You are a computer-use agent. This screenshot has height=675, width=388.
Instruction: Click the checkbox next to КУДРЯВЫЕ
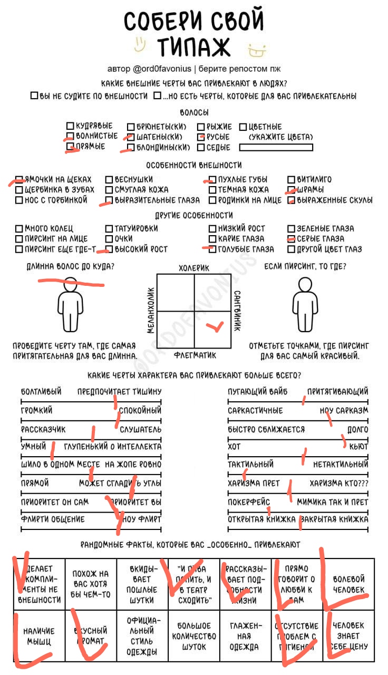tap(70, 126)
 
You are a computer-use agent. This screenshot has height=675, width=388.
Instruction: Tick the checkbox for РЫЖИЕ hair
tap(201, 127)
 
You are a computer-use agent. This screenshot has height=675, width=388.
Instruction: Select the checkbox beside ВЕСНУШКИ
tap(109, 179)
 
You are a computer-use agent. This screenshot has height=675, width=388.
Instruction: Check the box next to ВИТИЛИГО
tap(292, 179)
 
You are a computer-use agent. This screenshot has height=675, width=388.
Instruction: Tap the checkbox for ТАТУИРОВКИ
tap(109, 228)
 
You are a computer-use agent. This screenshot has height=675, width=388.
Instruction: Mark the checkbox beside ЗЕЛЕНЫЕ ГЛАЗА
tap(292, 228)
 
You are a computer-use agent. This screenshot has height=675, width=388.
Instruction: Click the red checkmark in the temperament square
tap(214, 327)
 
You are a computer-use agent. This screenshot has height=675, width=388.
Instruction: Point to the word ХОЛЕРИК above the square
tap(194, 268)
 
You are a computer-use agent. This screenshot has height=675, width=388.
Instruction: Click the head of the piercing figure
tap(305, 285)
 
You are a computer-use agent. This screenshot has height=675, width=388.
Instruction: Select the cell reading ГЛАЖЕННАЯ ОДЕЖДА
tap(245, 635)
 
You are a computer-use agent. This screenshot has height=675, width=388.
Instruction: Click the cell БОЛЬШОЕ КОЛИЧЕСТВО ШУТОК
tap(195, 635)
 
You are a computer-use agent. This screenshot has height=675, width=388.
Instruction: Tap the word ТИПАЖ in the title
tap(193, 46)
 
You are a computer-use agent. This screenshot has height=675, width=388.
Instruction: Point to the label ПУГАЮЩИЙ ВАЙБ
tap(254, 391)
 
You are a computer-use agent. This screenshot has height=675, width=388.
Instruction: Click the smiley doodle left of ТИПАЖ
tap(139, 44)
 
